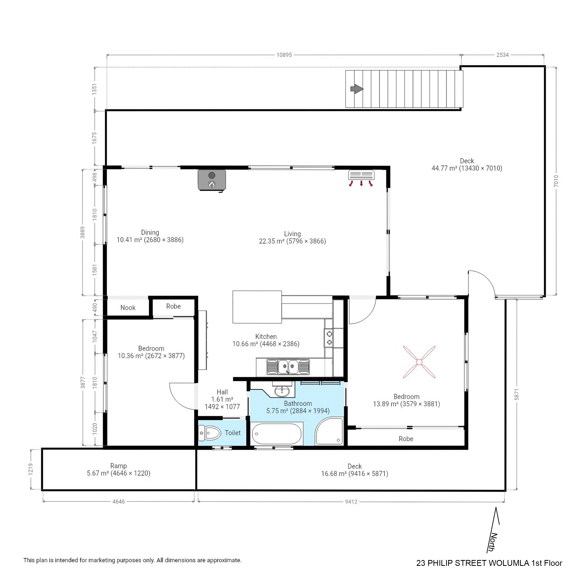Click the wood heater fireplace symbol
212,180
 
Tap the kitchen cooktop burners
329,338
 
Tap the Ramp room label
119,466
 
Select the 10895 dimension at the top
284,55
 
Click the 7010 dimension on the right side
556,181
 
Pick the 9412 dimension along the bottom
351,502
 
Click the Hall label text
222,392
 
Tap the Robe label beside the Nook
174,306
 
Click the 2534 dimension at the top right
502,55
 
